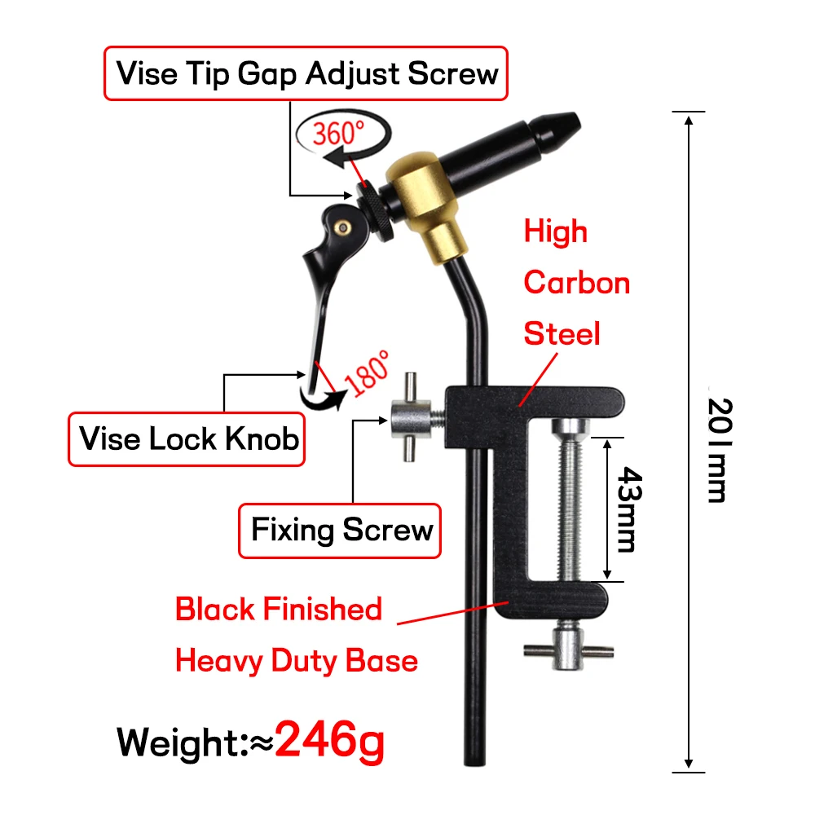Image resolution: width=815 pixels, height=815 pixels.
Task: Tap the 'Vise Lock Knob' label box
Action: point(189,440)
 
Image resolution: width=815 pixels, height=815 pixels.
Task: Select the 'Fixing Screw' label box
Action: point(341,531)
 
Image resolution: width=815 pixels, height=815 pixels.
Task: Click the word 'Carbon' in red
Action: point(576,283)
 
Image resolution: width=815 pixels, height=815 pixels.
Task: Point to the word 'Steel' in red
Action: point(562,333)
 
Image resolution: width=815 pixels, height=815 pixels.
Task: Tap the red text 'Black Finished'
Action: point(279,609)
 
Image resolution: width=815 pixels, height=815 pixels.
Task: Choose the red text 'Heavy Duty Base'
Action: point(296,659)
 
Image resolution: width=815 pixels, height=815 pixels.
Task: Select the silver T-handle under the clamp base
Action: point(566,647)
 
